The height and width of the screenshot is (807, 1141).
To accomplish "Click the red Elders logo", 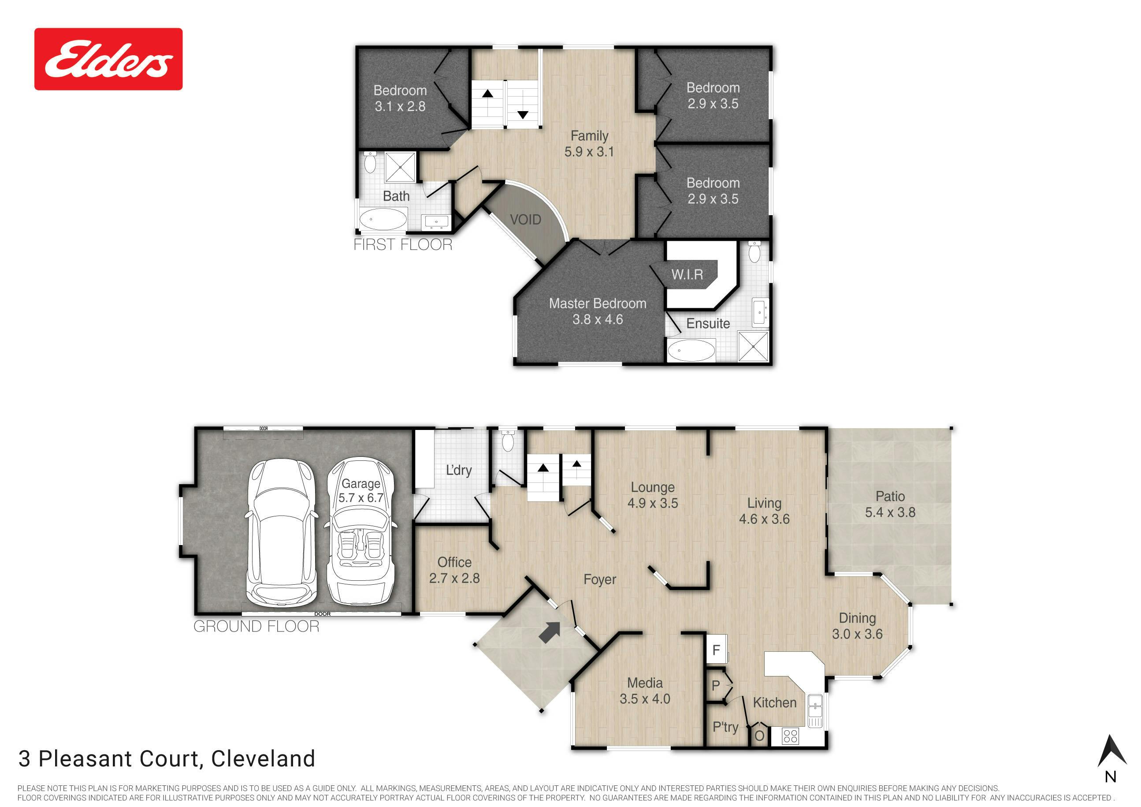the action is [x=108, y=59].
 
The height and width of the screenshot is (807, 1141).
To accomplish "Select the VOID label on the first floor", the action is [x=525, y=220].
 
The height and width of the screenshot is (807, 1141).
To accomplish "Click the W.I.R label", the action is [x=687, y=274].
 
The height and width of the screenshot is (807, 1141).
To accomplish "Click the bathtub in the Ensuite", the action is [x=691, y=351].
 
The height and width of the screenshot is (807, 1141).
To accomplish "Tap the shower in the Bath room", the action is [x=400, y=167].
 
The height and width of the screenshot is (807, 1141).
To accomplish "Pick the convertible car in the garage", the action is [x=361, y=531].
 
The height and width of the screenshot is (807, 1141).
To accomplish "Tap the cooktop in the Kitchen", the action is [x=790, y=736].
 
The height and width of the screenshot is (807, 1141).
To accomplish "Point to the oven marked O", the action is [x=759, y=736].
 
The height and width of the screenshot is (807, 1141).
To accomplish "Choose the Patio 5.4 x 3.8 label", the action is [x=890, y=504].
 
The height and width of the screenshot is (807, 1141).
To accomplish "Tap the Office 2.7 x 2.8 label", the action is [x=454, y=570].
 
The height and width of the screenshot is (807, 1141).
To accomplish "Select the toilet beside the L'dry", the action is [x=508, y=441].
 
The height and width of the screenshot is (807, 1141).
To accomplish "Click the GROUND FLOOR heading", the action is [x=256, y=626].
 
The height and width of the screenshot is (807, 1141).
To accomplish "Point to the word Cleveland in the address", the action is [x=263, y=759].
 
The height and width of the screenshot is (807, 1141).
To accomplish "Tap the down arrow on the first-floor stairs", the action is [x=522, y=115].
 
